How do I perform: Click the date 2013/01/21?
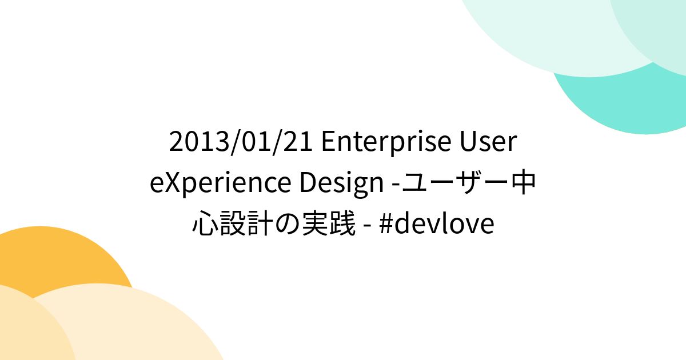tap(241, 142)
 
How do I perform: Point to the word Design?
tap(341, 183)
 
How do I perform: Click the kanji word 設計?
tap(248, 225)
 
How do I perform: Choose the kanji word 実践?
tap(332, 225)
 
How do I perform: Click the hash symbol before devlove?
tap(384, 225)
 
